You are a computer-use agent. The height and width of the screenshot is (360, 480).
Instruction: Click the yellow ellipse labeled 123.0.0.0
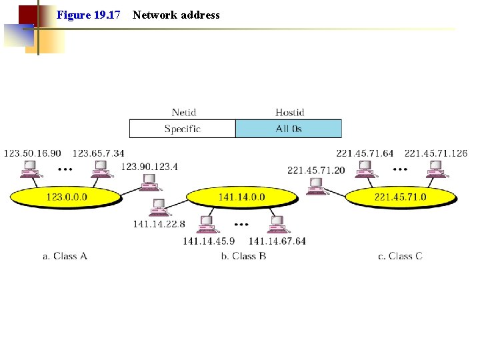click(x=66, y=197)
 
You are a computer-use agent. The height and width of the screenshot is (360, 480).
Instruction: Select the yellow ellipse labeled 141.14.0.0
click(x=241, y=197)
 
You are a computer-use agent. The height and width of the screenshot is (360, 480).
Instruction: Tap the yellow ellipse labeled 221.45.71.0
click(x=400, y=197)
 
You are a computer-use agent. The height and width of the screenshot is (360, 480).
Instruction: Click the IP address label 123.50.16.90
click(x=32, y=153)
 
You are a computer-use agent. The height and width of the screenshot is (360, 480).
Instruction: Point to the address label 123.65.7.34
click(x=98, y=153)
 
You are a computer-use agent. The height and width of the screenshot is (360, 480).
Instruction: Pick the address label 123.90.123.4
click(x=149, y=166)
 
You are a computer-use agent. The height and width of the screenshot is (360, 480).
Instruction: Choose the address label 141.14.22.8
click(x=159, y=224)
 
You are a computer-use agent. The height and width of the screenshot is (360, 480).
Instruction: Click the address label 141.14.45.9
click(x=209, y=241)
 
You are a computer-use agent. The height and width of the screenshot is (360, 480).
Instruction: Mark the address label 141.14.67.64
click(x=277, y=241)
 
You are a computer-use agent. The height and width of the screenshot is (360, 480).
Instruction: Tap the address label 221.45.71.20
click(x=316, y=170)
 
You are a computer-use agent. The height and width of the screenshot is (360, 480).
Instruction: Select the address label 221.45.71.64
click(x=365, y=153)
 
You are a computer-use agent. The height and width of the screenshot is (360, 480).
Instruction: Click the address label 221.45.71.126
click(x=436, y=153)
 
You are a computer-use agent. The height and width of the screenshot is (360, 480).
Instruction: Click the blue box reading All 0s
click(x=289, y=129)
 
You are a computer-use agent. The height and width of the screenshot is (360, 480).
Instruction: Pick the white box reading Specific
click(x=182, y=129)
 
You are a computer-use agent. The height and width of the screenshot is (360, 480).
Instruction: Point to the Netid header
click(x=184, y=113)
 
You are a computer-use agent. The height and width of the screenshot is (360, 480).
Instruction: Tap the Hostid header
click(x=289, y=113)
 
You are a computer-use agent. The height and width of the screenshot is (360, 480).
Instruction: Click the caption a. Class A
click(x=65, y=256)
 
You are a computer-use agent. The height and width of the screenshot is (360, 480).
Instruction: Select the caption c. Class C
click(x=400, y=256)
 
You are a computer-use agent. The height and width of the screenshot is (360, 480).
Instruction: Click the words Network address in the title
click(x=176, y=15)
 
